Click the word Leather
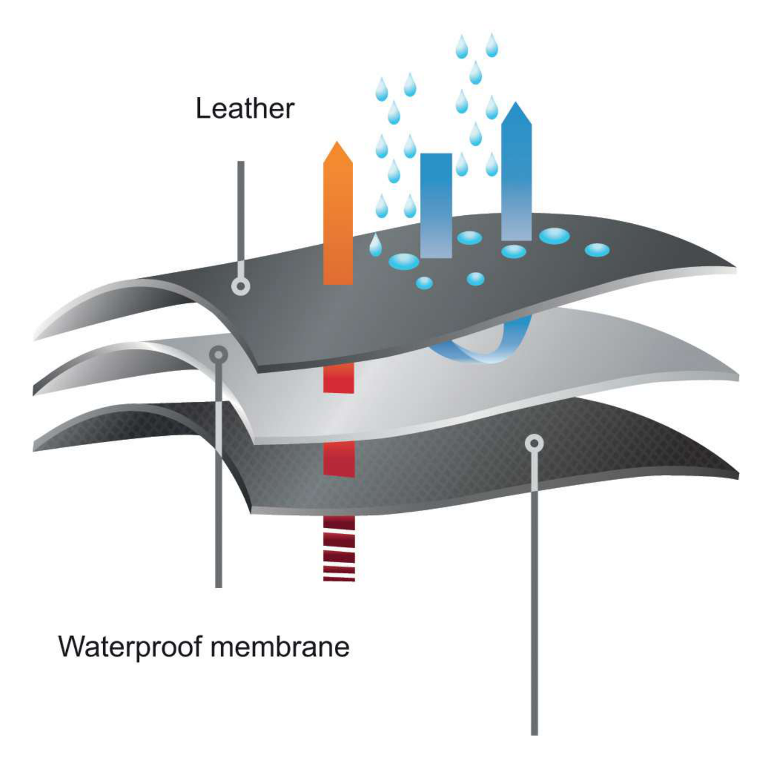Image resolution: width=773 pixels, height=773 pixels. click(245, 108)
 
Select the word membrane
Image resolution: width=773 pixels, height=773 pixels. click(280, 646)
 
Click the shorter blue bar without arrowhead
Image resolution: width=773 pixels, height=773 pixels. click(436, 205)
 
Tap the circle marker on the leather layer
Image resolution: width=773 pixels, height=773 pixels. click(241, 287)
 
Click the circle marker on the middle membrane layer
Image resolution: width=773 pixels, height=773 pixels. click(218, 354)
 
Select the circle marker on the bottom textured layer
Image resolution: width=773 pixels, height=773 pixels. click(534, 443)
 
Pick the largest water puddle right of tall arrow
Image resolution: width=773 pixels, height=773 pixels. click(554, 236)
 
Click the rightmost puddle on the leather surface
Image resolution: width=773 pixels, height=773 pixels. click(597, 249)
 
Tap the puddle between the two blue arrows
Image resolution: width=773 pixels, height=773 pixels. click(470, 237)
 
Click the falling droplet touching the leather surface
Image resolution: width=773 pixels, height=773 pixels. click(376, 246)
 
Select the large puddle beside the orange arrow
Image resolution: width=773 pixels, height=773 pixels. click(404, 261)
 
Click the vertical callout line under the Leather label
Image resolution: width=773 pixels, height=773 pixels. click(241, 214)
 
